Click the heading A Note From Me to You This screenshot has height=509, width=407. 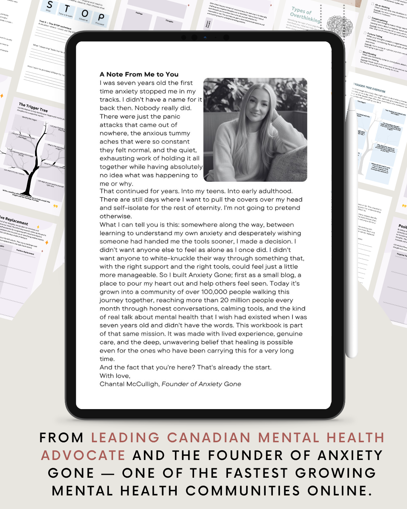tap(139, 74)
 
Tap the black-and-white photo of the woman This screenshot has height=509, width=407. tap(255, 130)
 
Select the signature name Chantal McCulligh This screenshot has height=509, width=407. tap(129, 384)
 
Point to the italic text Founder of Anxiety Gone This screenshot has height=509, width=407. tap(201, 384)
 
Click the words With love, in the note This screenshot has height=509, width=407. tap(115, 376)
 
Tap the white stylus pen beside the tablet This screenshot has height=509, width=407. tap(351, 226)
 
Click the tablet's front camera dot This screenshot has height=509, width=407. tap(205, 37)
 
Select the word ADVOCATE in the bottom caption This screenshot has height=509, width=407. tap(83, 455)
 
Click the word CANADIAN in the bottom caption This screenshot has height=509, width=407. tap(209, 438)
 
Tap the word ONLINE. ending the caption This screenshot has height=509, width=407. tap(340, 491)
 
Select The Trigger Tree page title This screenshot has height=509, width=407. tap(33, 107)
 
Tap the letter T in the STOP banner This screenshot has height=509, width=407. tap(67, 9)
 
